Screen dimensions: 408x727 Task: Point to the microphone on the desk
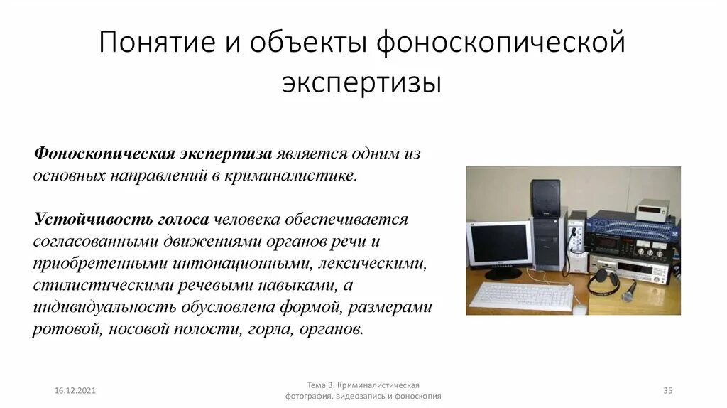pyautogui.click(x=630, y=289)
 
